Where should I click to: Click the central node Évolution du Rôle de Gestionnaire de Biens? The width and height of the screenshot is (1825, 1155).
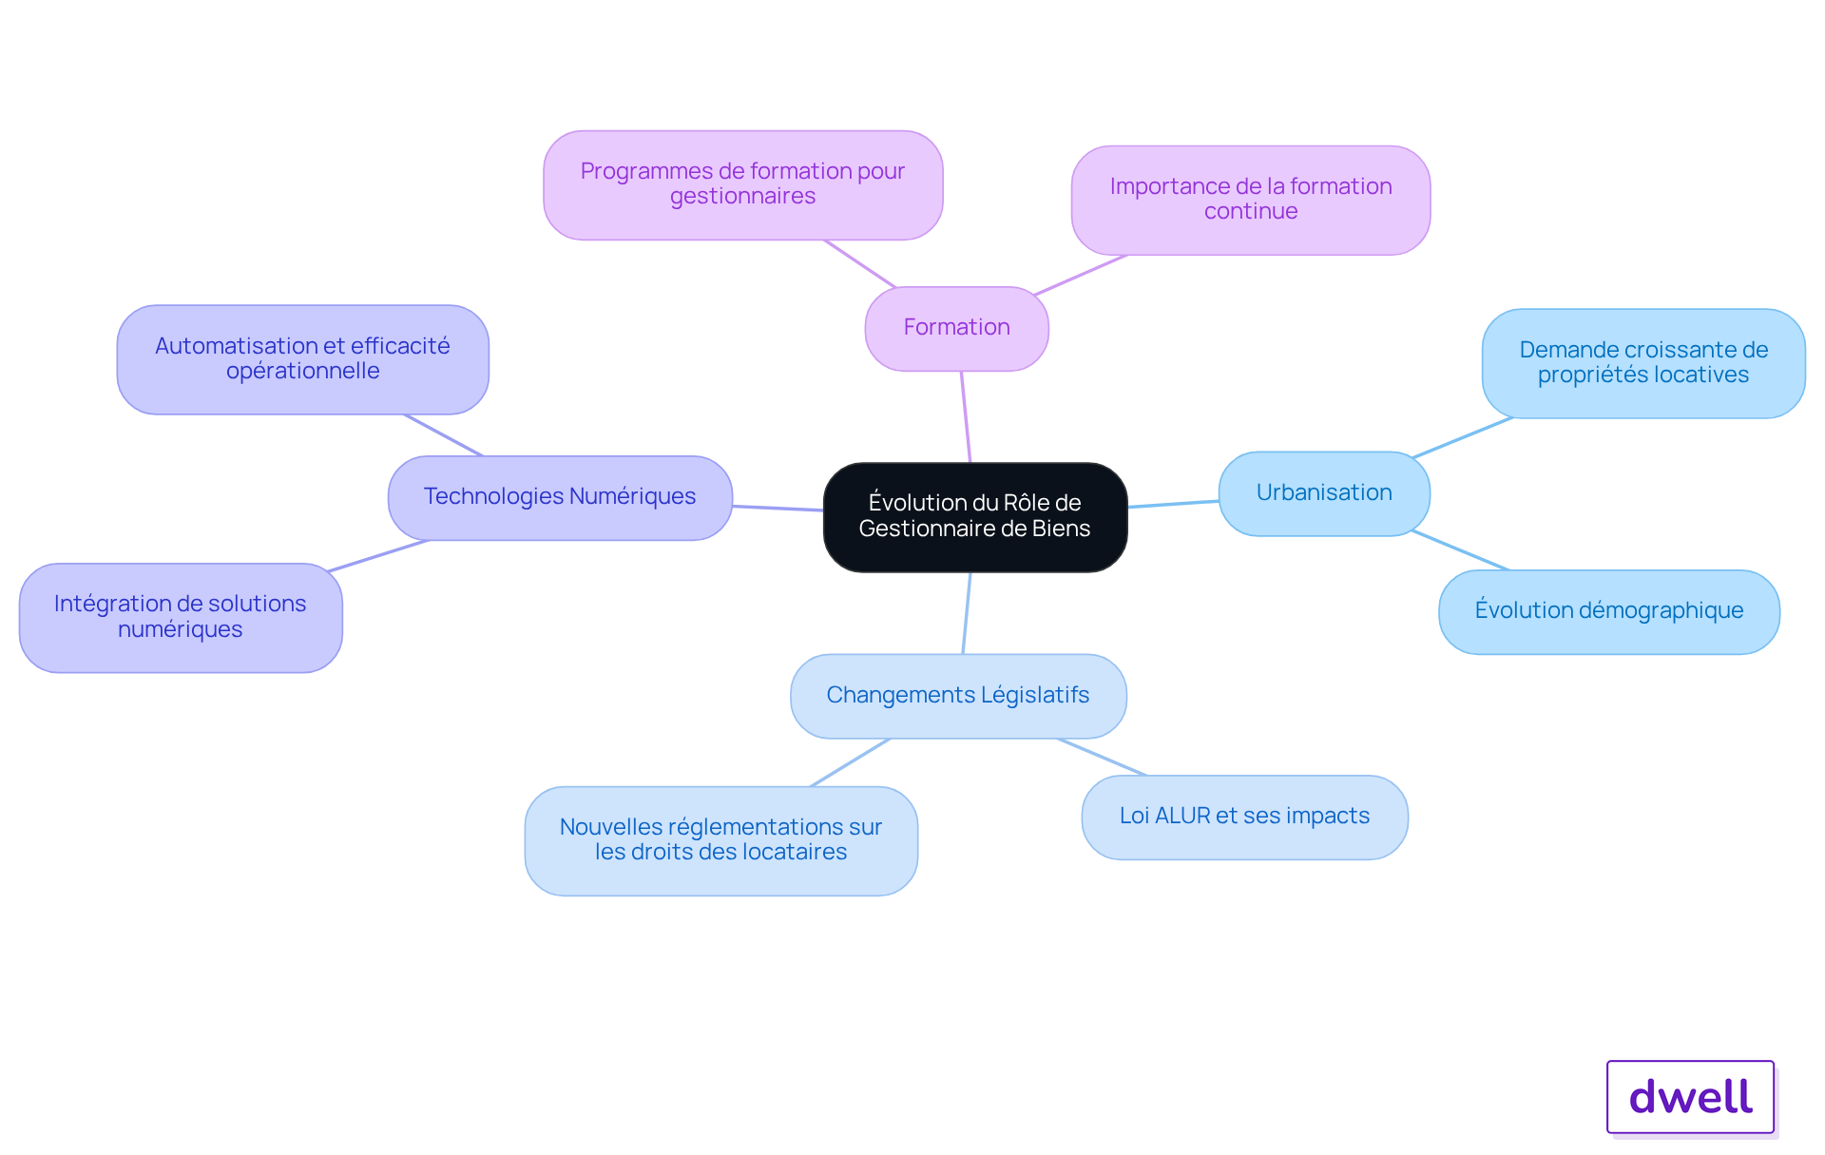point(975,517)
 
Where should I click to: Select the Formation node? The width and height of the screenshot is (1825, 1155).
point(956,328)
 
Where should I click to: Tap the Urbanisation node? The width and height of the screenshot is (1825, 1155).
point(1324,493)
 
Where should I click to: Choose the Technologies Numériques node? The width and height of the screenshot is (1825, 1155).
point(560,497)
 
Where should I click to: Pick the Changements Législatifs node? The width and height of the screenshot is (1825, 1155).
point(958,696)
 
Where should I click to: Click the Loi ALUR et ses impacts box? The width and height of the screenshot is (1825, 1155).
point(1244,817)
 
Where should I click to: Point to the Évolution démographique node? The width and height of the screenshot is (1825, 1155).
point(1609,611)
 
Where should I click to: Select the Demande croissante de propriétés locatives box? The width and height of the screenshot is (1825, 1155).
point(1643,363)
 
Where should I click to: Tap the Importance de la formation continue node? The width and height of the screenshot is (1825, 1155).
point(1251,200)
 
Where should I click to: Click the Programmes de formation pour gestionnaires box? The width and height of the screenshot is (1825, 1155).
point(742,184)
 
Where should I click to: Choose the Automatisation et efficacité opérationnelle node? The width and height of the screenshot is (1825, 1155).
point(302,359)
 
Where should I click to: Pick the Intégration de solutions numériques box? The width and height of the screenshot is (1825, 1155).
point(181,618)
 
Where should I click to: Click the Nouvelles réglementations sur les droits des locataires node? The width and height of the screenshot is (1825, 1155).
point(720,840)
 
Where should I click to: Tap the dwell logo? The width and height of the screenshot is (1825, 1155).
point(1691,1097)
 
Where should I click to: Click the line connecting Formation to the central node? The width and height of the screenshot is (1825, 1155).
point(966,416)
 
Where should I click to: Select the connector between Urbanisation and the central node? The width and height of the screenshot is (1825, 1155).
point(1174,504)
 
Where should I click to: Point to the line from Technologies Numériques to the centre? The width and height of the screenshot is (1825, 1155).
point(778,509)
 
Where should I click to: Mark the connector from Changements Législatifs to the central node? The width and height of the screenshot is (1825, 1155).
point(967,613)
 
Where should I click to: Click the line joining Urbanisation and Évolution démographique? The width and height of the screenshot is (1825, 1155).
point(1460,550)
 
